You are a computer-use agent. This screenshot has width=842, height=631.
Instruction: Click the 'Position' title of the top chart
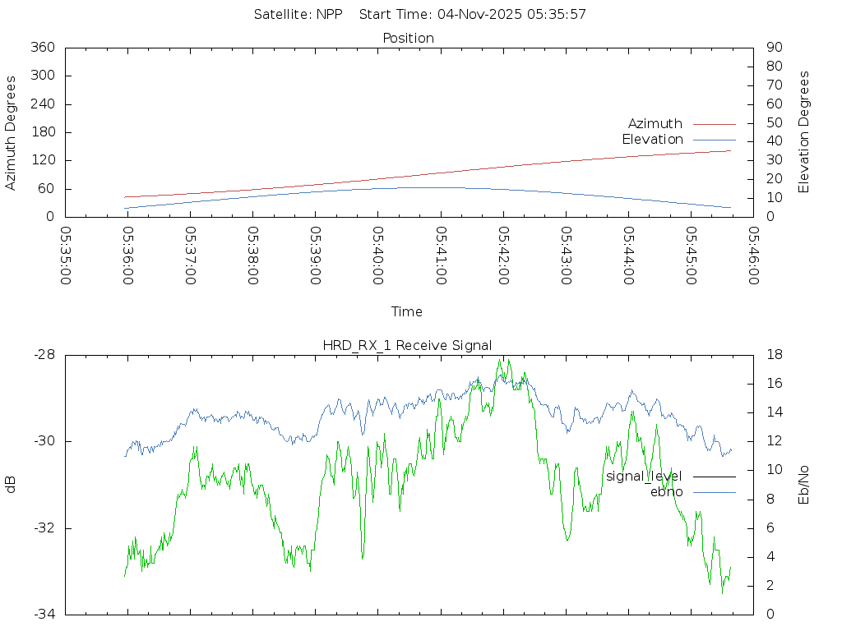click(408, 38)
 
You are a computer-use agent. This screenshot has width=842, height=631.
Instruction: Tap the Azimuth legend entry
click(655, 124)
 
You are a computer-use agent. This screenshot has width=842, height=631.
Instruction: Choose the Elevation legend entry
click(652, 140)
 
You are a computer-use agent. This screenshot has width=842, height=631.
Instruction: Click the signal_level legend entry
click(644, 477)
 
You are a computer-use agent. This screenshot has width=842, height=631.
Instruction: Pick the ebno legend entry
click(666, 492)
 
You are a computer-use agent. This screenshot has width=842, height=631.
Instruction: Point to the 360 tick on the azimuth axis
click(42, 48)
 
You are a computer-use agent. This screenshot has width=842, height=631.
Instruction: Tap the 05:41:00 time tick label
click(441, 256)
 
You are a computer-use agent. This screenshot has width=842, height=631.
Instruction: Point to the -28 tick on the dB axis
click(43, 355)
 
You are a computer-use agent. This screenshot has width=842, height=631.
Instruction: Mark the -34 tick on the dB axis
click(43, 615)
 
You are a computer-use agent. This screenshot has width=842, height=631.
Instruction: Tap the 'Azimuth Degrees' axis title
click(11, 132)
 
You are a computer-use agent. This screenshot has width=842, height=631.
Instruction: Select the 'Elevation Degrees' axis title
click(804, 132)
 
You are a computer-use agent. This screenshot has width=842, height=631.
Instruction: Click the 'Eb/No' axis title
click(804, 485)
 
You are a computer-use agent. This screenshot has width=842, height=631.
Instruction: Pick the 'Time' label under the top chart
click(407, 312)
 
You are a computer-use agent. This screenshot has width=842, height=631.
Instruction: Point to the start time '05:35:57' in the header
click(559, 14)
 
